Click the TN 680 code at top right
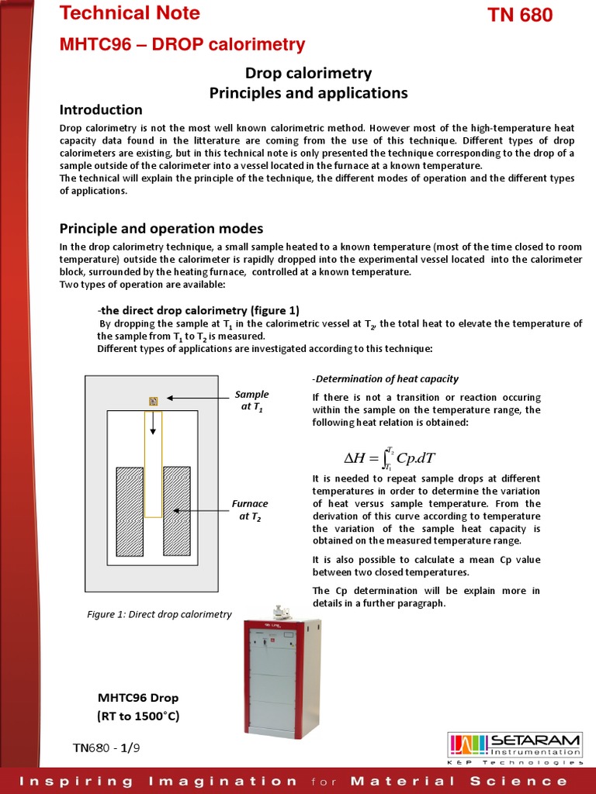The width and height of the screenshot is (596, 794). click(x=519, y=15)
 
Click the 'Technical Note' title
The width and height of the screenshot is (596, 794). click(x=130, y=13)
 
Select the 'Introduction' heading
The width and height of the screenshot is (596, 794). click(x=101, y=109)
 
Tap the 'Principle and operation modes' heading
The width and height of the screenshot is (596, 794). click(x=161, y=229)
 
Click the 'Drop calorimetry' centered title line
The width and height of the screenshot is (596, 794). click(x=308, y=74)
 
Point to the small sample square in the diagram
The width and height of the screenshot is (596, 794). click(x=154, y=401)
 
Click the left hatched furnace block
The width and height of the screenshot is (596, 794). click(x=129, y=510)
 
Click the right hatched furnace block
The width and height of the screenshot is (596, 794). click(x=177, y=510)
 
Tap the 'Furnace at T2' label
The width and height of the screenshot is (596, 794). click(x=250, y=510)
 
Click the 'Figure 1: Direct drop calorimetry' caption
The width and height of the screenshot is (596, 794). click(x=159, y=614)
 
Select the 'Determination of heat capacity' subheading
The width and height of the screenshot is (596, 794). click(x=385, y=379)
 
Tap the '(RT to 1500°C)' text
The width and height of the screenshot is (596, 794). click(x=138, y=716)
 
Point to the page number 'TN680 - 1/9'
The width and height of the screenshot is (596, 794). click(x=107, y=747)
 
